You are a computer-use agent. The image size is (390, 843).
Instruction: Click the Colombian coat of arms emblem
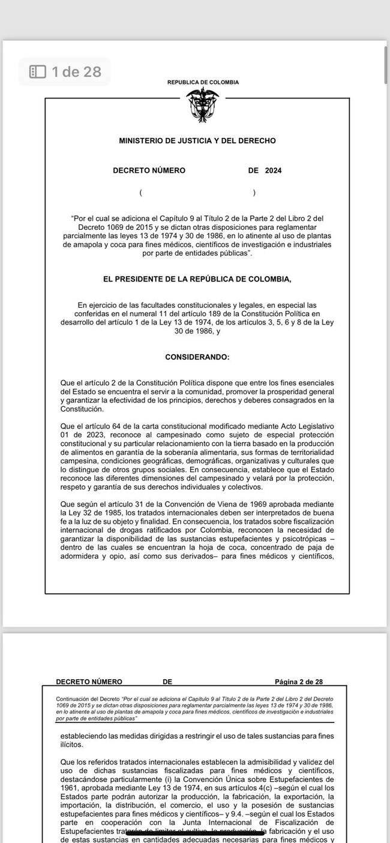point(202,105)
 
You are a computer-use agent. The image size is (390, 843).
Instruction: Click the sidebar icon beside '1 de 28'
point(38,72)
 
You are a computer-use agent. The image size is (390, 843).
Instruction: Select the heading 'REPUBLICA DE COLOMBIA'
point(203,83)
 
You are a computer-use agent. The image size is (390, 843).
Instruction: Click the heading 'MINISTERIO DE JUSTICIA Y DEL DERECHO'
point(197,141)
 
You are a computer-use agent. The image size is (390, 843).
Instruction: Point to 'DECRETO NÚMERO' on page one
point(149,170)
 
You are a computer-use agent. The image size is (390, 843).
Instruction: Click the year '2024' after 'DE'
point(273,170)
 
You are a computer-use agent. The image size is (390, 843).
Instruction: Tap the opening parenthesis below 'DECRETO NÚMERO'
point(140,193)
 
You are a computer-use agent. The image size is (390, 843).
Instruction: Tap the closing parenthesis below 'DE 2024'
point(254,193)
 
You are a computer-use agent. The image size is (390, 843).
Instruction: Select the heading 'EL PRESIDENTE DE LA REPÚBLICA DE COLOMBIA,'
point(197,279)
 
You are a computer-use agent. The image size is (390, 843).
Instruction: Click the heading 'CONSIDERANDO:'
point(197,357)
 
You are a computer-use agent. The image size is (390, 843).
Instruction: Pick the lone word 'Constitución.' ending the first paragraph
point(82,409)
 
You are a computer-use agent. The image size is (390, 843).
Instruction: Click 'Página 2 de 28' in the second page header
point(298,682)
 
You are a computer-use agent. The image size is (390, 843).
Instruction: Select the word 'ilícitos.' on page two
point(72,745)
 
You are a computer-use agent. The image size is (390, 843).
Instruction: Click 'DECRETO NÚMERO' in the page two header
point(89,682)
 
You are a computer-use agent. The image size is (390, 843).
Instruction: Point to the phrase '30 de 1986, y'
point(197,331)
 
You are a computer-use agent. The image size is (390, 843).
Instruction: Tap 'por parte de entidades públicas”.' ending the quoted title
point(197,254)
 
